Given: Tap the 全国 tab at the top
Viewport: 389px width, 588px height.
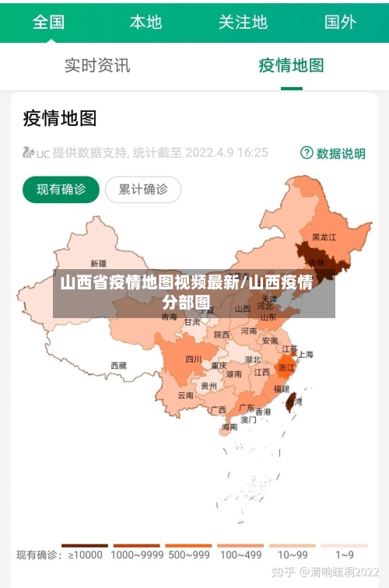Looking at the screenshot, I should click(x=48, y=22).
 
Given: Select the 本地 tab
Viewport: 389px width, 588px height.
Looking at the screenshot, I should click(x=145, y=22).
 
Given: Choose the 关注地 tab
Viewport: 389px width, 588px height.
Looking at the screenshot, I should click(x=243, y=22).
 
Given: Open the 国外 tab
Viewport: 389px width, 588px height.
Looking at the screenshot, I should click(x=340, y=22).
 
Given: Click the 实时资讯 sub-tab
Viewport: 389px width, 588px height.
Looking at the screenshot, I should click(x=97, y=65).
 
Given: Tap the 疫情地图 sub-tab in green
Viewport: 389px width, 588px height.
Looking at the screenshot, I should click(x=291, y=65).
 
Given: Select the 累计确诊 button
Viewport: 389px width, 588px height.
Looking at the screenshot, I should click(x=142, y=189).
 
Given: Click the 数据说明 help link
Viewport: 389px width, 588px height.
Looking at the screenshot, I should click(x=333, y=153).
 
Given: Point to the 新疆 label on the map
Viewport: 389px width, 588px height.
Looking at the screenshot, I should click(x=98, y=263).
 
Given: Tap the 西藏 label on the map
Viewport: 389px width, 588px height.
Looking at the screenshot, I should click(x=118, y=365).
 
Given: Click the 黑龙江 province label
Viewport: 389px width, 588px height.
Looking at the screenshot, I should click(x=324, y=236).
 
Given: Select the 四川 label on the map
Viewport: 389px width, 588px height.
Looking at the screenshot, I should click(x=193, y=359).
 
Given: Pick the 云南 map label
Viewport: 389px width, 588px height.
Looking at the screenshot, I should click(x=186, y=395).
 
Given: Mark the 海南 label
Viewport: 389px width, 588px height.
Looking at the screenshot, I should click(x=230, y=426).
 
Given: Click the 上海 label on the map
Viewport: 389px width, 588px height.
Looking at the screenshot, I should click(x=306, y=354).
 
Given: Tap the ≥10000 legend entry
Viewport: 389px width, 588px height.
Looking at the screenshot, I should click(x=85, y=555).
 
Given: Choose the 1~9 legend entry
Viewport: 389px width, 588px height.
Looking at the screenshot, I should click(x=345, y=555).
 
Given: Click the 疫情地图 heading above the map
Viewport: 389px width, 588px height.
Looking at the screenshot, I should click(x=60, y=118).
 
